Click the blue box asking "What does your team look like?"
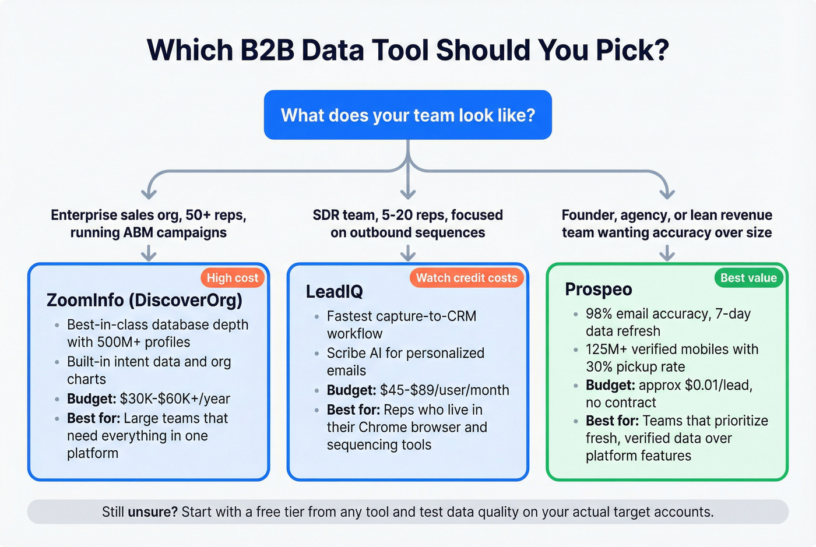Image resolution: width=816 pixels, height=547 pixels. coord(407,115)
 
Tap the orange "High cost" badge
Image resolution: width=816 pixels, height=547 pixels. coord(232,278)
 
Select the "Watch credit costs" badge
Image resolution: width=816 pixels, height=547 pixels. coord(466,278)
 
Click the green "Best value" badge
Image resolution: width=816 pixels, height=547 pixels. coord(748,278)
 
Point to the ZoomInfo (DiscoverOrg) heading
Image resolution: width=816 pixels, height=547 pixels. coord(144,300)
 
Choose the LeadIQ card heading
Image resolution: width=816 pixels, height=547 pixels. coord(334,291)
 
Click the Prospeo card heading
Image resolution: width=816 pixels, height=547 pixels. coord(599,290)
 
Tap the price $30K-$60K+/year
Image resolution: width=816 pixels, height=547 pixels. coord(175,399)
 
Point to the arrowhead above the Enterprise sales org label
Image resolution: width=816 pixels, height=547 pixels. coord(149,193)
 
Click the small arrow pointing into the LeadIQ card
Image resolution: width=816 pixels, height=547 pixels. coord(408,253)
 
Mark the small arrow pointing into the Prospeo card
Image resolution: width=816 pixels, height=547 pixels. coord(667,253)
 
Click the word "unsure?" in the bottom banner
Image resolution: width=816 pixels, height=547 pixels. coord(153,512)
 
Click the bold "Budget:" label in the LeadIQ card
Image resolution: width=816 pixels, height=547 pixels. coord(351,390)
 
